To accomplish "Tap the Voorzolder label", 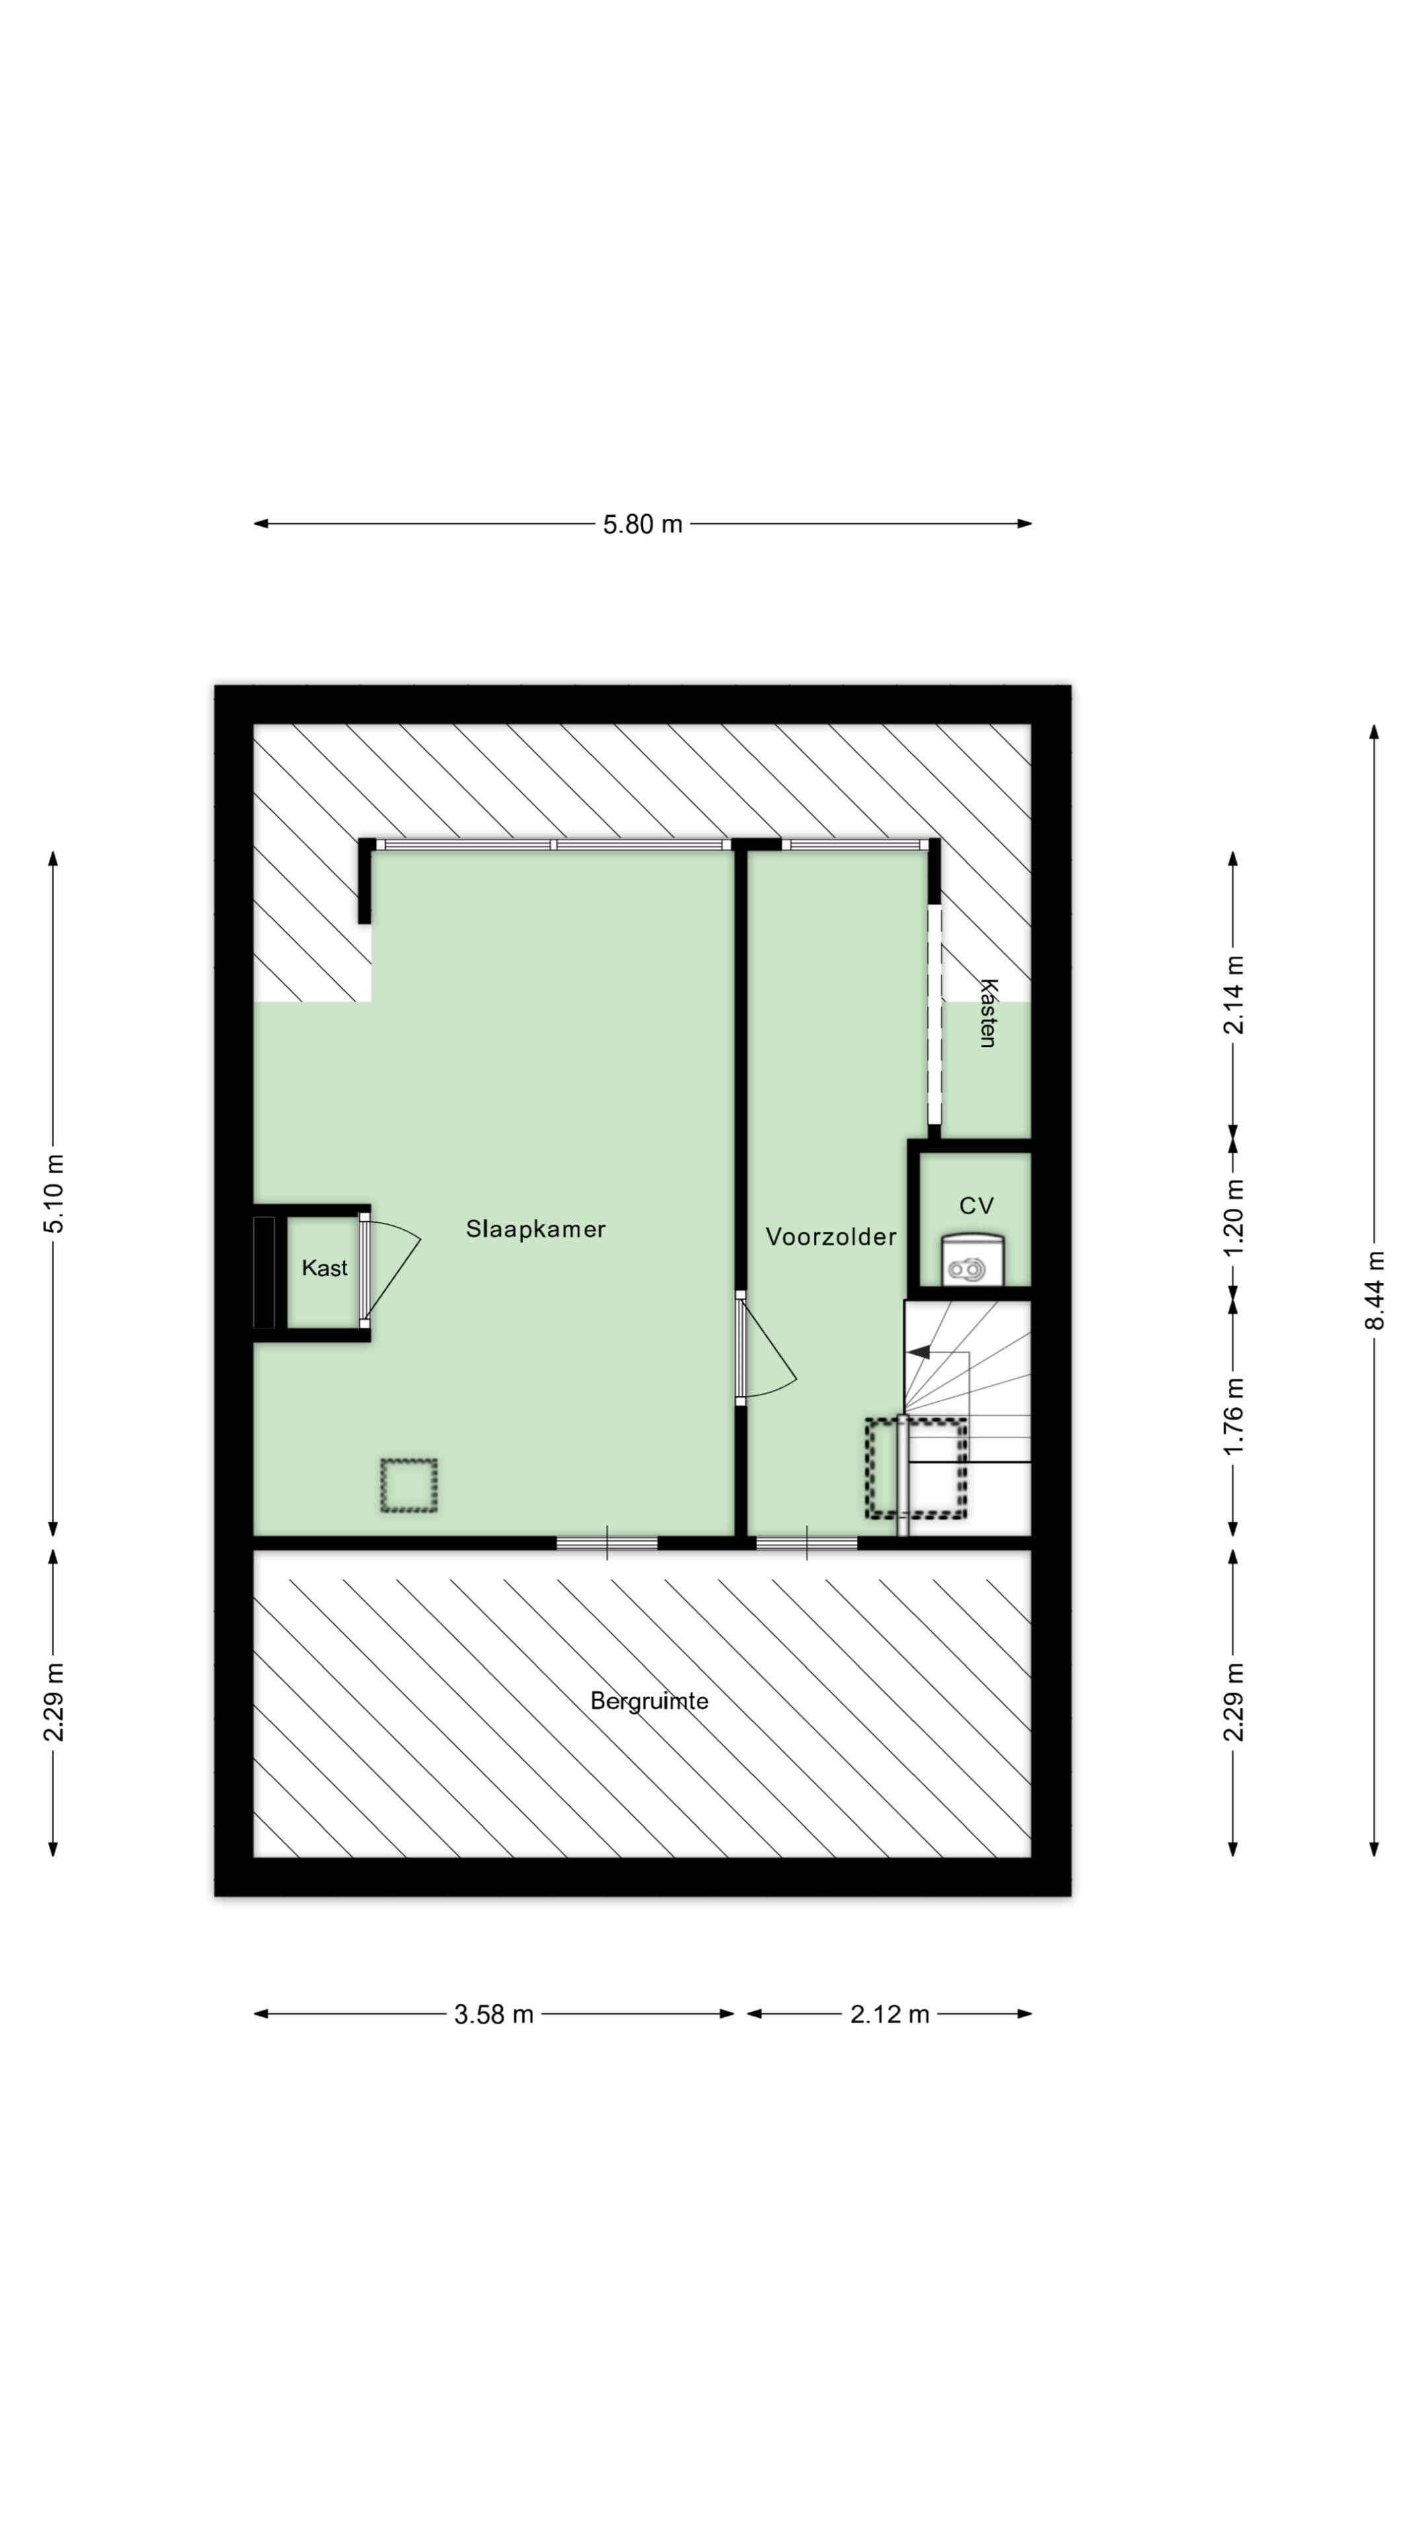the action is (x=830, y=1237).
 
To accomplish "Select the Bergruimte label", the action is (x=649, y=1701).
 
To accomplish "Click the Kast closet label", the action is (x=324, y=1268).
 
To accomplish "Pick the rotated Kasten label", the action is (x=988, y=1013).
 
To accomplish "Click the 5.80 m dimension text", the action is (x=642, y=524).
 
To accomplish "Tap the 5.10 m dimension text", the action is (x=54, y=1193).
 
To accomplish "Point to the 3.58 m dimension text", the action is (x=494, y=2014).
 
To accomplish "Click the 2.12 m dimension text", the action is (x=889, y=2014).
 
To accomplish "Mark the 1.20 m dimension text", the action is (x=1233, y=1217).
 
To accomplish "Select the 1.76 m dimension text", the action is (x=1233, y=1415).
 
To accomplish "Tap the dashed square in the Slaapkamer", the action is (x=409, y=1486).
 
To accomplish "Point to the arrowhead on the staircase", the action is (x=918, y=1353).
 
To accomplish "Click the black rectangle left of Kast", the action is (x=264, y=1272).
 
